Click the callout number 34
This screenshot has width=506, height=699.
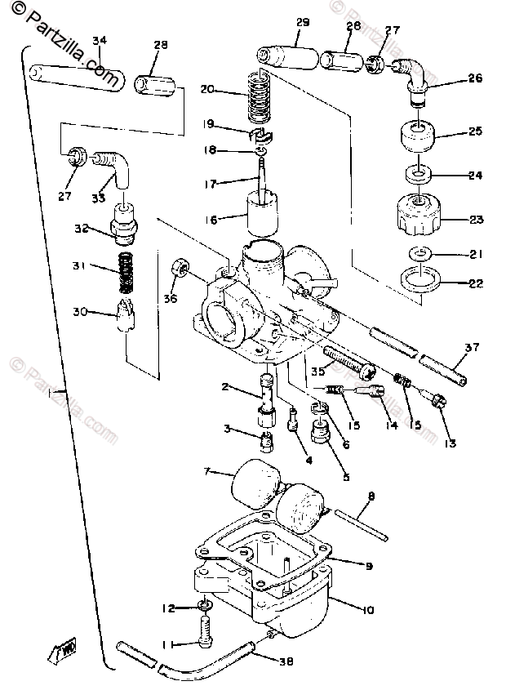click(100, 40)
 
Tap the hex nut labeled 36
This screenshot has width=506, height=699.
click(180, 269)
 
